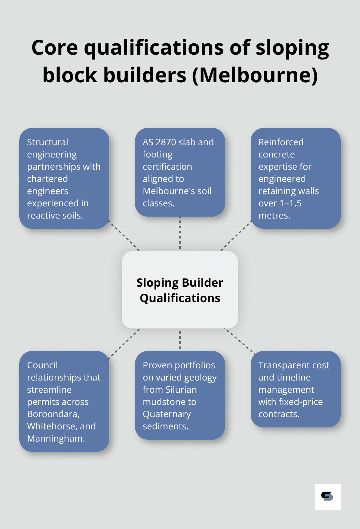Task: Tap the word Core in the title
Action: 55,48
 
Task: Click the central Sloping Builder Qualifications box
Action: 180,290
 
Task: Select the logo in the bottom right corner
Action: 328,497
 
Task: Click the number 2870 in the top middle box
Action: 167,142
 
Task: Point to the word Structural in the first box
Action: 48,142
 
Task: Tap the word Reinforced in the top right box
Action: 281,142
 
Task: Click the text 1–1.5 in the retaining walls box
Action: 291,203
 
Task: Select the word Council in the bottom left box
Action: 42,365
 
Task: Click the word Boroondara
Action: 53,414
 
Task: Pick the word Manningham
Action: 56,438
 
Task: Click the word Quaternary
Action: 167,414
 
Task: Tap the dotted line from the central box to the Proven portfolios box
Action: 180,340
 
